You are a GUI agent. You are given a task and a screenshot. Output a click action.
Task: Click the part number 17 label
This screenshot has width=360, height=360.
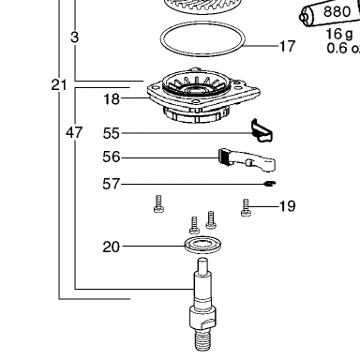pos(287,46)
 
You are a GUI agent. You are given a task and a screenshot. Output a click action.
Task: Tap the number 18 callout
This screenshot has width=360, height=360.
pos(112,99)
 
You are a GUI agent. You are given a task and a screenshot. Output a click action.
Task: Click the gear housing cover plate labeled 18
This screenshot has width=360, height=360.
pos(203,95)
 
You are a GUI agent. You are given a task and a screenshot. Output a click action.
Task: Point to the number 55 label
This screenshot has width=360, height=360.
pos(112,133)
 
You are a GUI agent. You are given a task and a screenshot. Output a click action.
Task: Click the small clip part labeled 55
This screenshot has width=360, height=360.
pos(262,130)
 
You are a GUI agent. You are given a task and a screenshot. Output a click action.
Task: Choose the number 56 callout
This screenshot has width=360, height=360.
pos(112,157)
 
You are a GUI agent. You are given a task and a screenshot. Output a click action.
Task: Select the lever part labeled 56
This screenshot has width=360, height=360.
pos(247,159)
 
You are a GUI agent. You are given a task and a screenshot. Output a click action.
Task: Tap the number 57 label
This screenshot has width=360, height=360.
pos(112,184)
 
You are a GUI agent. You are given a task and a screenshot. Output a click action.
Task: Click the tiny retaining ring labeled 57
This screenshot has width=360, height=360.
pos(270,184)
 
